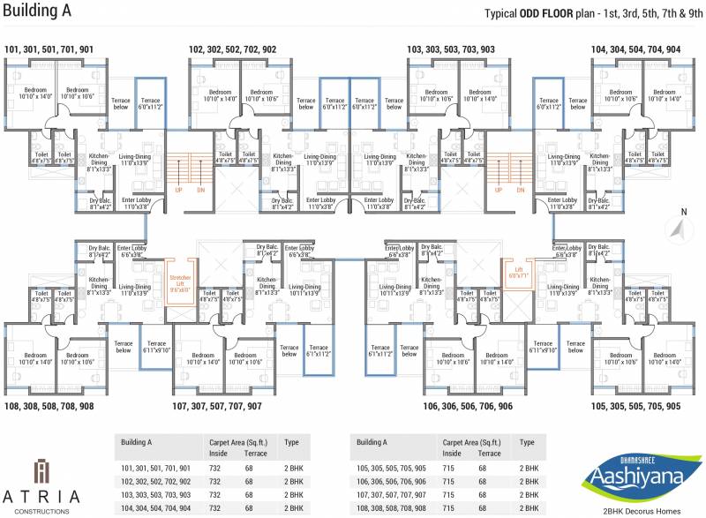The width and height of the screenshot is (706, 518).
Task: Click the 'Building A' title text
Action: [41, 12]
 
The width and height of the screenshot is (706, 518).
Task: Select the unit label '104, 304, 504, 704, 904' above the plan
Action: [635, 49]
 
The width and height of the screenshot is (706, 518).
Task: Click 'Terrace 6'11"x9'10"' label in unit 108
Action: [157, 347]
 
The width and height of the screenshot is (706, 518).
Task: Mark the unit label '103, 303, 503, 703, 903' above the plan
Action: [451, 49]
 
